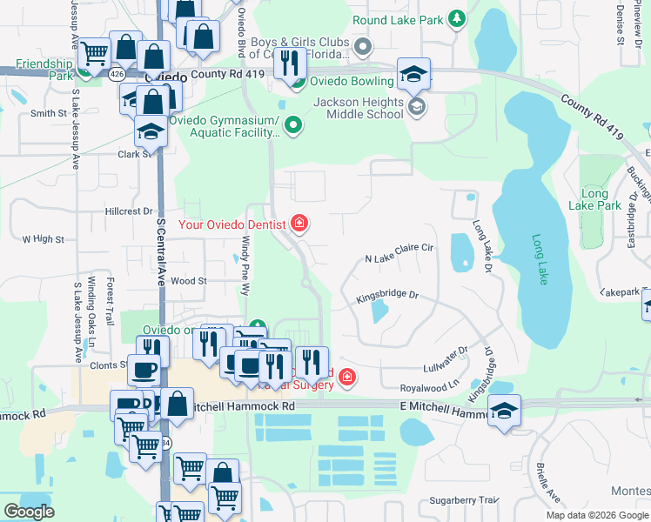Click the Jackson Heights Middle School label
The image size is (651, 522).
click(x=359, y=108)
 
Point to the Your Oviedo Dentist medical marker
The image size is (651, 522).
click(x=299, y=224)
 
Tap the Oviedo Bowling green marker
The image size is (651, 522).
click(x=297, y=84)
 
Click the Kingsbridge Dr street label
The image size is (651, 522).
click(x=387, y=298)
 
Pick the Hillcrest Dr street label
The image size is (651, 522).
click(x=129, y=211)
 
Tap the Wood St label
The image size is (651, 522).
click(x=188, y=281)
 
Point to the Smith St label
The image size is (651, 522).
click(x=49, y=113)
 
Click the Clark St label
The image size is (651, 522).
click(x=135, y=154)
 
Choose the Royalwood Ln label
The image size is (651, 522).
click(x=428, y=386)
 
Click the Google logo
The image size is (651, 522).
click(x=30, y=512)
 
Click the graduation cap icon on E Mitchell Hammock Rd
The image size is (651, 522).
click(x=504, y=412)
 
